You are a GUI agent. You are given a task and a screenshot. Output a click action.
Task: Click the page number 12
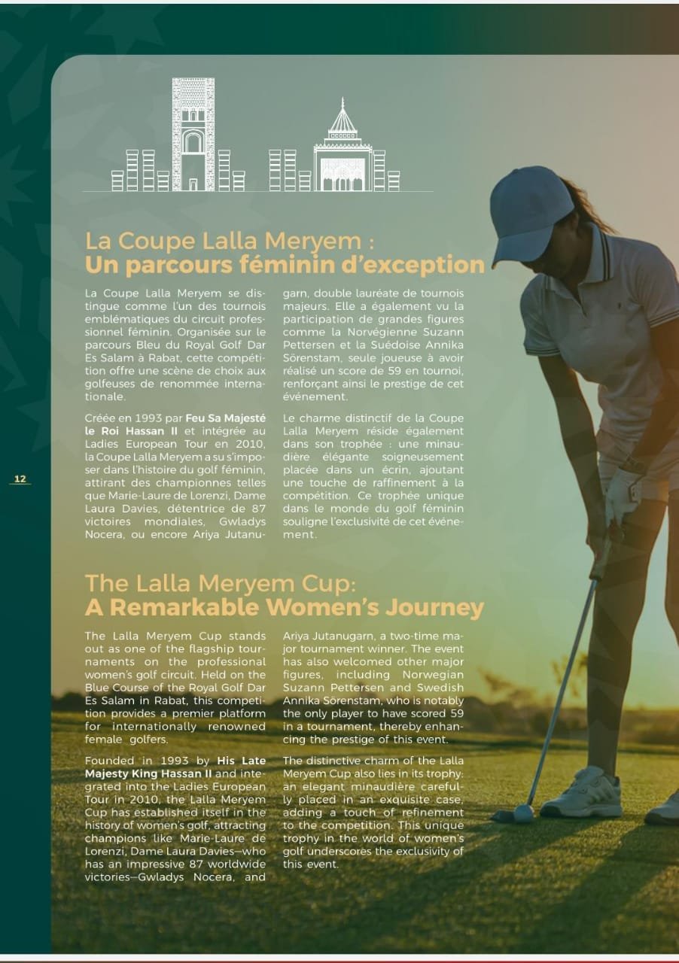tap(20, 479)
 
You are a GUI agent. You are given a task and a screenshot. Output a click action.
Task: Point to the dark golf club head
tap(502, 815)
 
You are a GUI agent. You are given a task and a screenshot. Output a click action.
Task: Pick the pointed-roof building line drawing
tap(343, 150)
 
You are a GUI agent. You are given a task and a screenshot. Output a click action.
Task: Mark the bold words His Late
tap(241, 761)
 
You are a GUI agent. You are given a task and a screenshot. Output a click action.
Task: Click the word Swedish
tap(440, 688)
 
